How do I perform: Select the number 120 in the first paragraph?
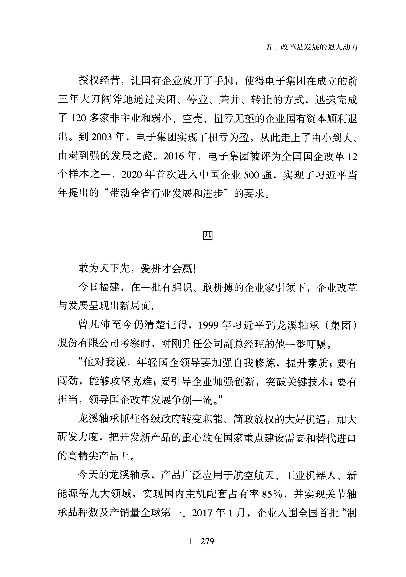(x=78, y=118)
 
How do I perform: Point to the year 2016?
(x=174, y=156)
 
